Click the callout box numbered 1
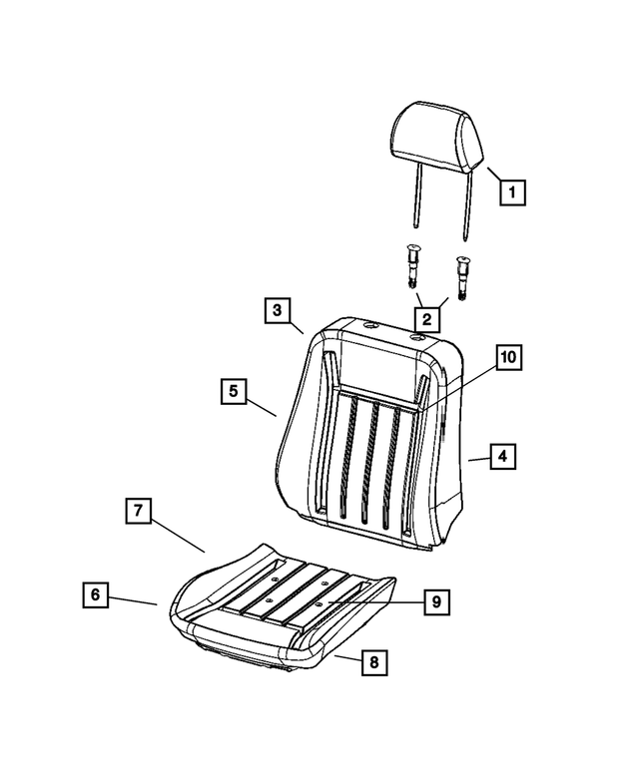pos(512,192)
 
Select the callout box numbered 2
pos(426,319)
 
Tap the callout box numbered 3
pos(277,310)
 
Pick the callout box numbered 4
pos(503,456)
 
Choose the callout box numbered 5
pos(234,391)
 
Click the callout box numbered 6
pos(95,594)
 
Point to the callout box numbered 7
pos(138,511)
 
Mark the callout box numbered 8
pos(373,662)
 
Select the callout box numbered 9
pos(436,602)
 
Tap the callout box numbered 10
pos(509,357)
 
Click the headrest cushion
pos(436,136)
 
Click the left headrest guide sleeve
pos(411,272)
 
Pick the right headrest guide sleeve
pos(463,278)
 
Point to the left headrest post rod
pos(419,195)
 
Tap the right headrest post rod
pos(468,205)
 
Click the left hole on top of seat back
pos(370,326)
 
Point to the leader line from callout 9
pos(375,602)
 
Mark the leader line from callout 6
pos(133,600)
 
